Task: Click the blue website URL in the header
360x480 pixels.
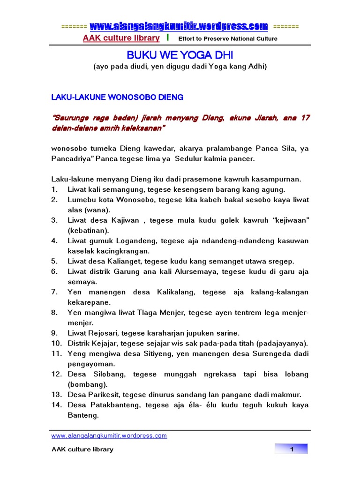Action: click(x=179, y=26)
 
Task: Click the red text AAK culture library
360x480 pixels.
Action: click(x=114, y=38)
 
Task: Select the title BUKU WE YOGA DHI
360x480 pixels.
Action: click(x=180, y=55)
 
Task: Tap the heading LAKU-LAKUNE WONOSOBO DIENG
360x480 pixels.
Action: click(x=117, y=97)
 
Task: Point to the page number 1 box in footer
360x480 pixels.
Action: click(x=291, y=450)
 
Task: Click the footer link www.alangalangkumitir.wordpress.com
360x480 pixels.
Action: click(x=109, y=435)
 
